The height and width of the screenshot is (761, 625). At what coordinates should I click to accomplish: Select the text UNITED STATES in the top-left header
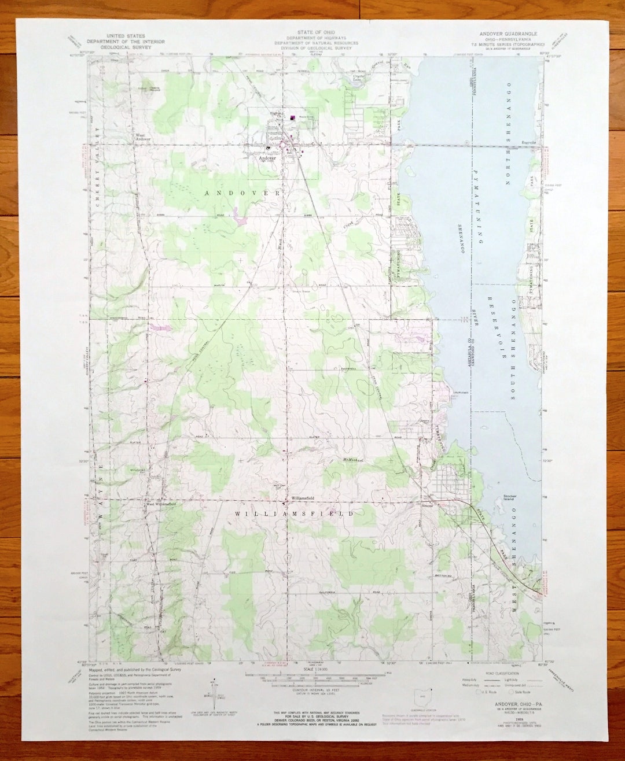point(126,36)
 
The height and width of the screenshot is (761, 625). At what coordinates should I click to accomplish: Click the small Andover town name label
point(268,157)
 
